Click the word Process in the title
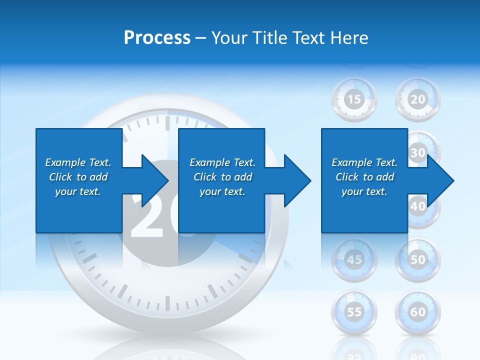click(157, 38)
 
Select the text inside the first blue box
click(78, 177)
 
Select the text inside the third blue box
click(364, 177)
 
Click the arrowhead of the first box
click(154, 180)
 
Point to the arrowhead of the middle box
click(297, 180)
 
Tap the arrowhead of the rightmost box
click(440, 180)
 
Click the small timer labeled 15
click(354, 99)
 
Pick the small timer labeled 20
click(417, 99)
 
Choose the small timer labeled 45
click(354, 259)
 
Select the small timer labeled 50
click(417, 259)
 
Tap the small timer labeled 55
click(354, 312)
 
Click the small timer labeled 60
click(417, 312)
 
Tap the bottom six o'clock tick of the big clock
click(167, 303)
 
